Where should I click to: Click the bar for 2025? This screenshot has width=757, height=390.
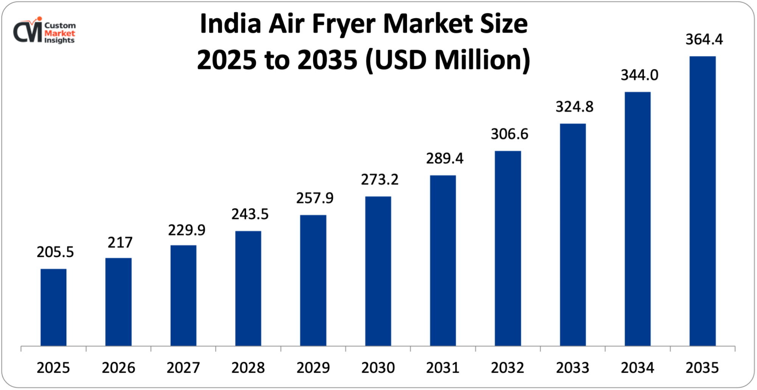53,307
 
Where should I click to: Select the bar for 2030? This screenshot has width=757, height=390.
378,271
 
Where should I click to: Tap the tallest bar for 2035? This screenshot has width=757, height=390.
702,201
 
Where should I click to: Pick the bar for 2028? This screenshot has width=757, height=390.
248,288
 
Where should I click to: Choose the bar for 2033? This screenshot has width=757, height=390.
573,235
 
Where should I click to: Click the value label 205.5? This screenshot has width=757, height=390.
55,252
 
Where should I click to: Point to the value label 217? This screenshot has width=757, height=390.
120,242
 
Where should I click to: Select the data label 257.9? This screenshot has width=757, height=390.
315,198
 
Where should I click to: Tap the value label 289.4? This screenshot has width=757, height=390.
444,158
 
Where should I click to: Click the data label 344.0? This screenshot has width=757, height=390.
639,75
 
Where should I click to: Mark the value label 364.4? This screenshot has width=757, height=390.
704,39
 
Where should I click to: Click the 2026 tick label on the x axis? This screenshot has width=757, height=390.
118,368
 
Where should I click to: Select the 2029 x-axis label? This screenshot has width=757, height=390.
313,368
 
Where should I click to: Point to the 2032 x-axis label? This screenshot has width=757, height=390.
508,368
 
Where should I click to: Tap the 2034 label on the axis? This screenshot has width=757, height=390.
637,368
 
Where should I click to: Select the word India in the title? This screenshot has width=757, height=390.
230,24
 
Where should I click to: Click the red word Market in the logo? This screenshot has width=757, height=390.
59,33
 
